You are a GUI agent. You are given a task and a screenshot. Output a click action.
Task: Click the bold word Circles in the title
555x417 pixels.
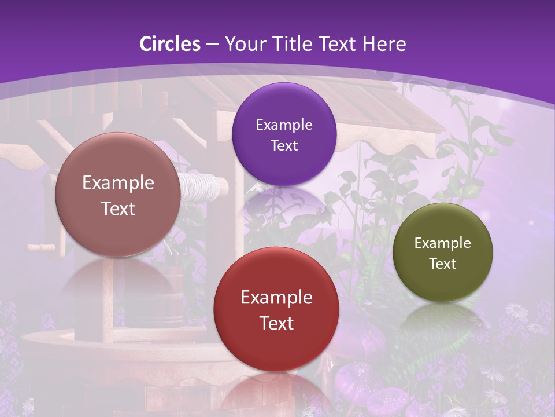point(170,44)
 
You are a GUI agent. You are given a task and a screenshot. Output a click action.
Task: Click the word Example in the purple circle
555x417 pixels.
point(284,125)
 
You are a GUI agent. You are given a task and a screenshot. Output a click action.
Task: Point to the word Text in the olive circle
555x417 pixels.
point(443,264)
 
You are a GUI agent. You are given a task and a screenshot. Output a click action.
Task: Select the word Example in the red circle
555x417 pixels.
point(276,298)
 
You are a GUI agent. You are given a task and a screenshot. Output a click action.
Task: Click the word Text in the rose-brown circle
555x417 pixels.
point(118,209)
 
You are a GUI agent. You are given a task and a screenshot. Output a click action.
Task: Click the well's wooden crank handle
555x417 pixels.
point(42,247)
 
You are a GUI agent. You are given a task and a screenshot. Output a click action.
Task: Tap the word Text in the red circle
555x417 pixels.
point(276,323)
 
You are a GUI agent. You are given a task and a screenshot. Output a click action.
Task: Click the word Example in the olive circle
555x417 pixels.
point(443,243)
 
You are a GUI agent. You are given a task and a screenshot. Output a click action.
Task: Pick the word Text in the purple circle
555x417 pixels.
point(284,146)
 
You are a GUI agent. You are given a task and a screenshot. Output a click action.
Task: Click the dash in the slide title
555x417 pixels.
point(212,45)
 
